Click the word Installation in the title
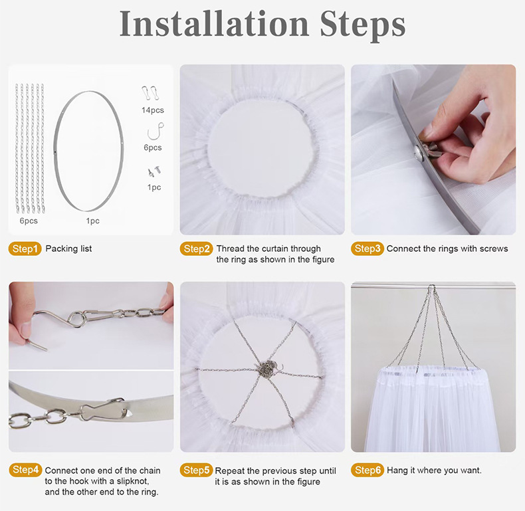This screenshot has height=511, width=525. (214, 24)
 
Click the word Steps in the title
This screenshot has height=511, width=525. (363, 25)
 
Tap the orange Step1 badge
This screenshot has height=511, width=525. (25, 249)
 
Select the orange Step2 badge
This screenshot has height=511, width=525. (196, 249)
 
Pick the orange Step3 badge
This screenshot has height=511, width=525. (367, 249)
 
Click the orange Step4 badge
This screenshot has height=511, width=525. (25, 470)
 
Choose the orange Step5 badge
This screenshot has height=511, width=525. (196, 470)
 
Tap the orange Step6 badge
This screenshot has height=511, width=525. (367, 470)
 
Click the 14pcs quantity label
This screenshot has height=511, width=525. (153, 110)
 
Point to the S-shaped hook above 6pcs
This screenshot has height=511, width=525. (156, 132)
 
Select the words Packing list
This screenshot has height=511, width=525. (68, 249)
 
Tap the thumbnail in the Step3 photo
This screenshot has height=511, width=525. (429, 135)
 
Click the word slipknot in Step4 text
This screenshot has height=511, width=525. (133, 481)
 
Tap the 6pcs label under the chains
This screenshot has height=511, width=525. (29, 221)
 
